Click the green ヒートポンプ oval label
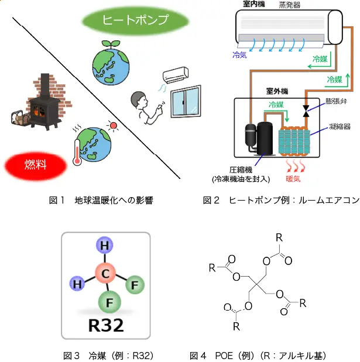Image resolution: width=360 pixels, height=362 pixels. pos(136,20)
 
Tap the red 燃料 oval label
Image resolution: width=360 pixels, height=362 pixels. pos(36,165)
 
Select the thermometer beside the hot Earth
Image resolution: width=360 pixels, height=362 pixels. pos(77,153)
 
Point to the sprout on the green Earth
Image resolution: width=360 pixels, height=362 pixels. pos(111,44)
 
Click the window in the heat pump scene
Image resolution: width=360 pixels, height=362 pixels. pos(186,102)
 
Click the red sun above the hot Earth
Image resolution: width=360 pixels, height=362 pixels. pos(113,125)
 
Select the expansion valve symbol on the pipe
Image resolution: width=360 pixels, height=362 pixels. pos(306,111)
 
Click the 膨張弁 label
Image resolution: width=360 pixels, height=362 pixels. pos(336,101)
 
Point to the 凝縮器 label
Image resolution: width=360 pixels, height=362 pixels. pos(340,126)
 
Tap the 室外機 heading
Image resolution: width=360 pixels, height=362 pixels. pos(277,91)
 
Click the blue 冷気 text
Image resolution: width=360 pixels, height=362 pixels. pos(239,55)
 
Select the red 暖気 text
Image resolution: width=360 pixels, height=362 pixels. pos(293,179)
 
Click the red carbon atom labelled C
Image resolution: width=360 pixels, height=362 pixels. pos(105,273)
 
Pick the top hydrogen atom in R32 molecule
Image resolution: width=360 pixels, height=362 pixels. pos(105,245)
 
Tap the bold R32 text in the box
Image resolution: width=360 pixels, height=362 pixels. pos(106,325)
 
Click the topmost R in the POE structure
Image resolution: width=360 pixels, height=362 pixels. pos(279,237)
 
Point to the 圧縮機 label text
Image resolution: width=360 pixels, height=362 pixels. pos(241,170)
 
